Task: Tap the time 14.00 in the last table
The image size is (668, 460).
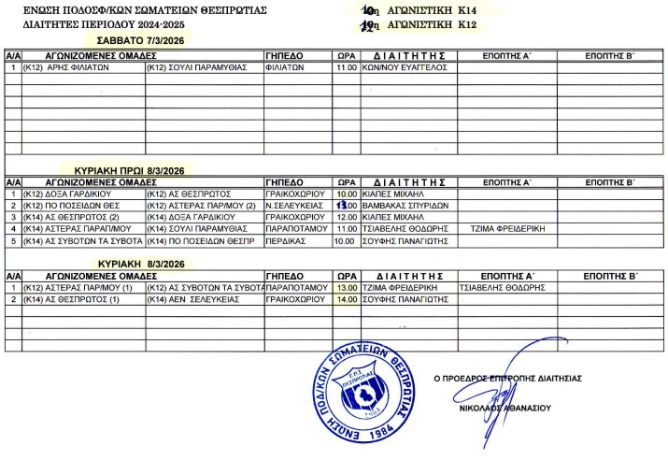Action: pyautogui.click(x=347, y=300)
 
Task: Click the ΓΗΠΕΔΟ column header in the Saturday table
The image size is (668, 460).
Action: pyautogui.click(x=284, y=56)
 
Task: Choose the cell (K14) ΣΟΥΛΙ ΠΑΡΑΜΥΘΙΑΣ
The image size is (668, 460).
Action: pyautogui.click(x=196, y=228)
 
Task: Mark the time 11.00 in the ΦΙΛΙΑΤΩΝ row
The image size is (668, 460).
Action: pyautogui.click(x=347, y=68)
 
